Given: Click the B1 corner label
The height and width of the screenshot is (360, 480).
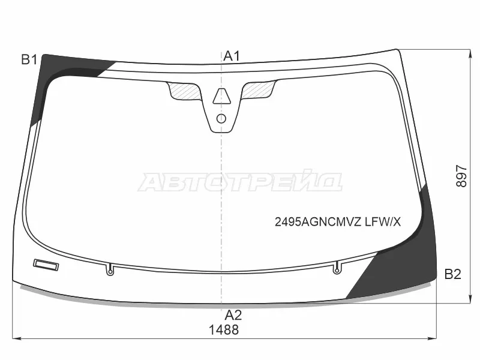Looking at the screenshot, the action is tap(29, 59).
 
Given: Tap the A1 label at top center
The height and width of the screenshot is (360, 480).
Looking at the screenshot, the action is tap(232, 56).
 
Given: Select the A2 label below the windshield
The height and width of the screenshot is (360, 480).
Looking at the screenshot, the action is tap(233, 315).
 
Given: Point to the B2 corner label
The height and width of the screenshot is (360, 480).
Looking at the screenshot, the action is tap(453, 274).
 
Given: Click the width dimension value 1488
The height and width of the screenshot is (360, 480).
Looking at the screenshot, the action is tap(224, 330).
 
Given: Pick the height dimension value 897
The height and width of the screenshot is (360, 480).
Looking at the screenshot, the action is tap(461, 176).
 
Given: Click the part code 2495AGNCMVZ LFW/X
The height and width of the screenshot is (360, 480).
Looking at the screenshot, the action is tap(338, 221).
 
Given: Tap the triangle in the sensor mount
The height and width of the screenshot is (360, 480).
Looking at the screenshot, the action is tap(221, 96).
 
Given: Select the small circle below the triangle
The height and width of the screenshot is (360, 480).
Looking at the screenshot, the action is tap(221, 118).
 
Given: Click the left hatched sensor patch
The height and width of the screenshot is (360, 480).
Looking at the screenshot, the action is tap(185, 91).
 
